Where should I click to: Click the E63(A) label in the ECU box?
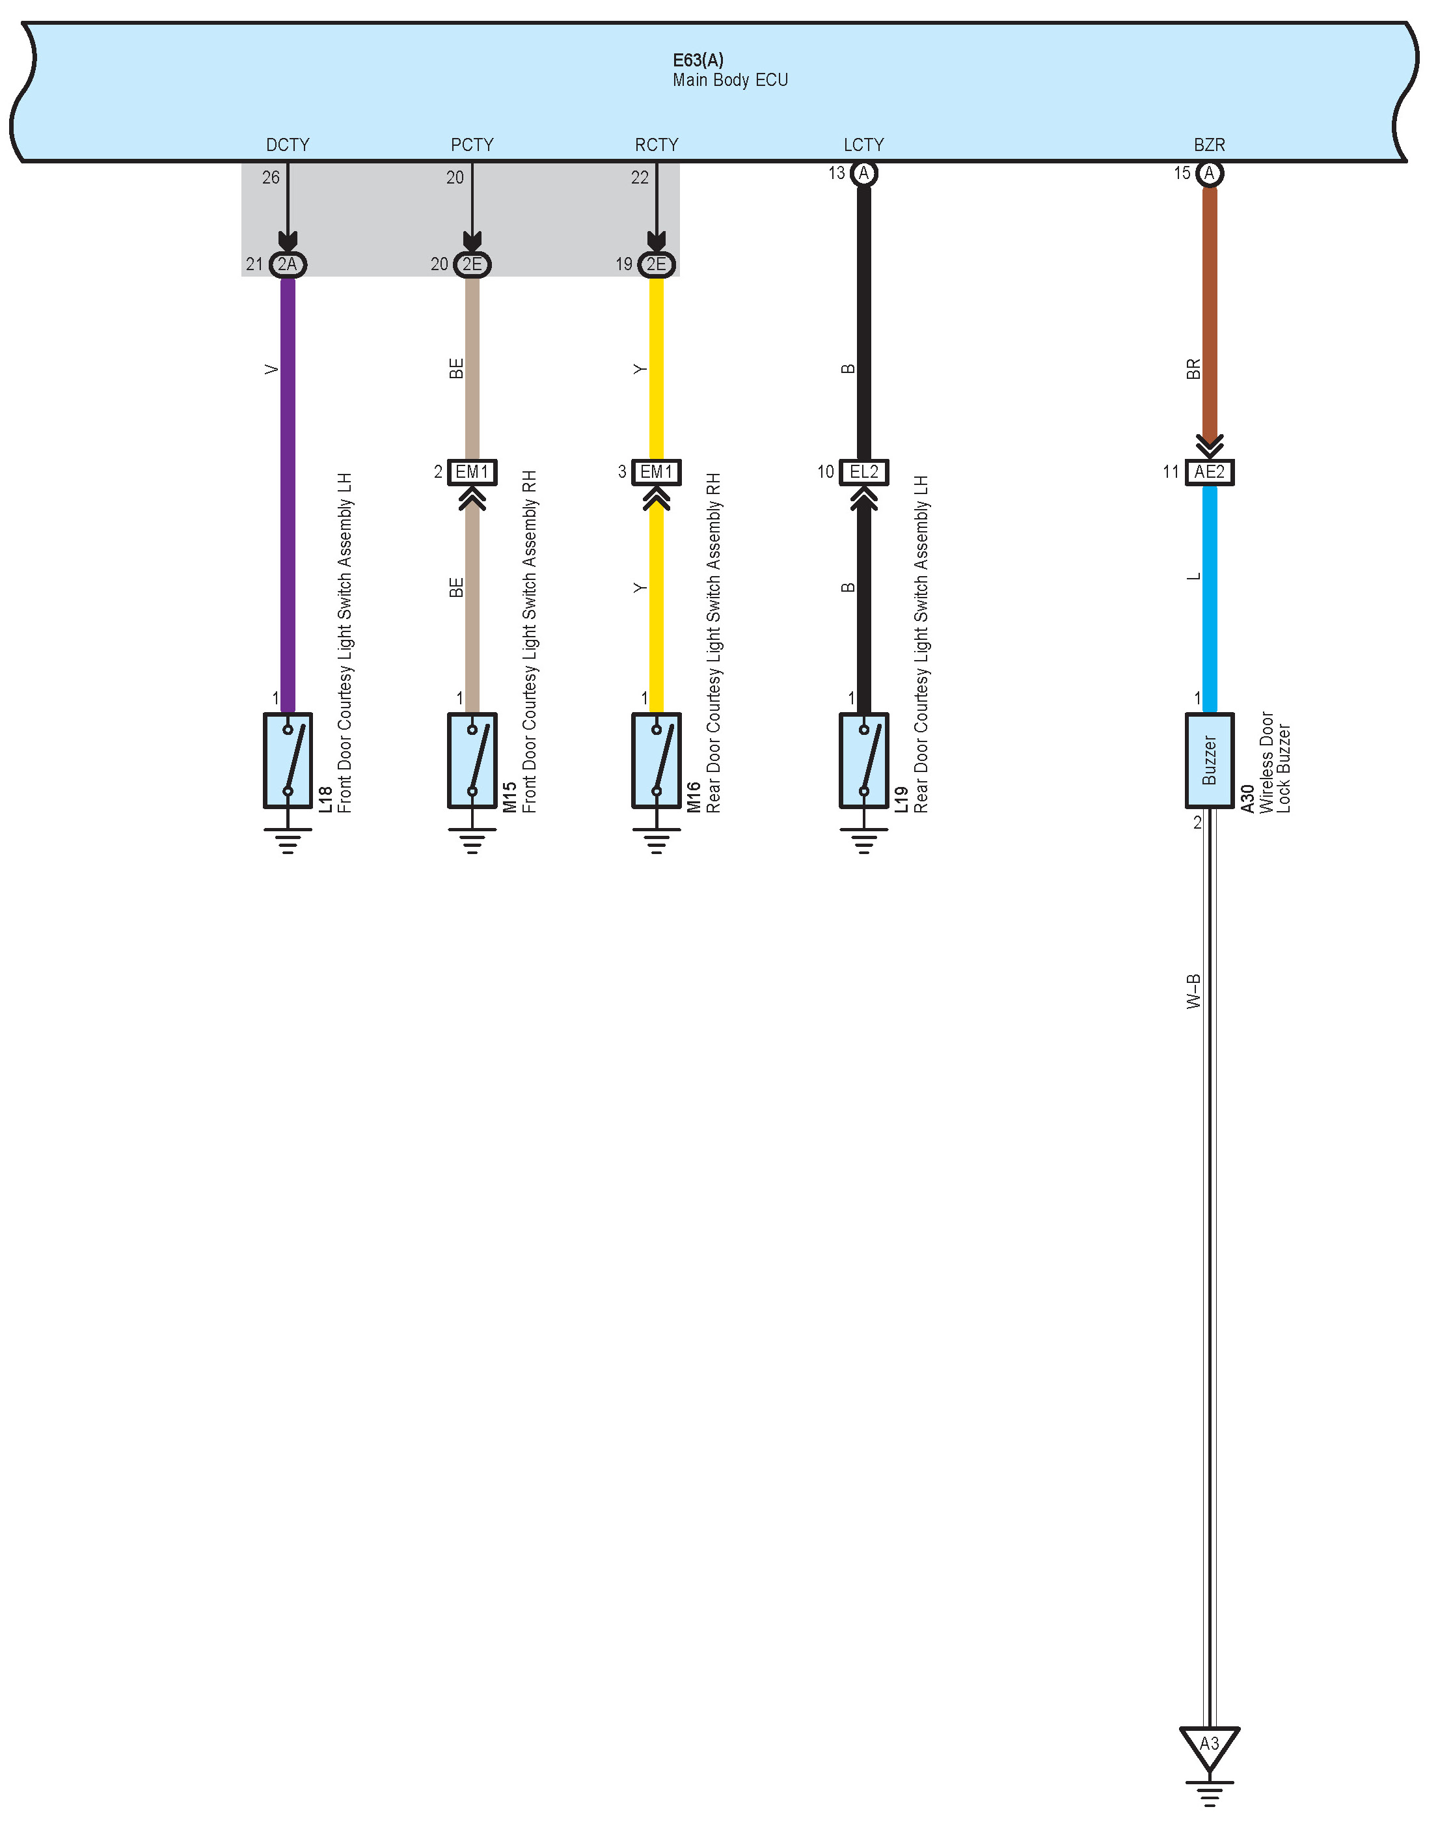click(x=698, y=61)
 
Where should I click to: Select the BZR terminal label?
click(x=1209, y=145)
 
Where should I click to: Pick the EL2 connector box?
click(x=864, y=472)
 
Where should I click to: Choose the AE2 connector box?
click(x=1209, y=472)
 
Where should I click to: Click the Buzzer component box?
click(x=1209, y=760)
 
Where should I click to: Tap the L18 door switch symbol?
click(x=288, y=760)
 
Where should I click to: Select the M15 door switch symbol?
click(x=472, y=760)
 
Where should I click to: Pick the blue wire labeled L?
click(x=1209, y=598)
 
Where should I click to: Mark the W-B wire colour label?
click(x=1193, y=991)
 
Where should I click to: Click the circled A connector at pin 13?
click(x=864, y=174)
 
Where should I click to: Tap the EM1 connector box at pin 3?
click(x=657, y=472)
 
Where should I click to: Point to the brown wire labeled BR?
click(x=1209, y=312)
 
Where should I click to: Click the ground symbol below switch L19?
click(x=864, y=840)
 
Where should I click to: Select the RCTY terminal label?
click(x=657, y=145)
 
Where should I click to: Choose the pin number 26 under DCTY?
click(x=270, y=178)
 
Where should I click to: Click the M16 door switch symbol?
click(x=657, y=760)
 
